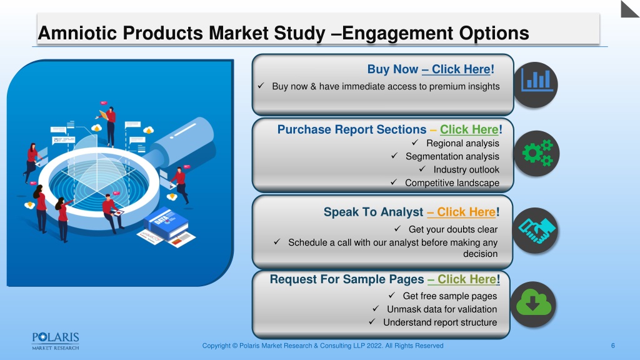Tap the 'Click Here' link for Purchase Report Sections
click(469, 129)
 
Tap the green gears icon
click(537, 153)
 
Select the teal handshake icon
click(536, 231)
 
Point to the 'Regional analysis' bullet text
click(462, 143)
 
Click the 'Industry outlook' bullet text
click(466, 169)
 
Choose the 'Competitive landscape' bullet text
click(452, 183)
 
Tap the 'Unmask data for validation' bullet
click(442, 309)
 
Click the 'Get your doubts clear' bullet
click(453, 229)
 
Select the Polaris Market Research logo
click(56, 341)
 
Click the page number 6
click(612, 346)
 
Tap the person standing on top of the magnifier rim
click(110, 126)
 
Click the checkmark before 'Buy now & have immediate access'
click(261, 86)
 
